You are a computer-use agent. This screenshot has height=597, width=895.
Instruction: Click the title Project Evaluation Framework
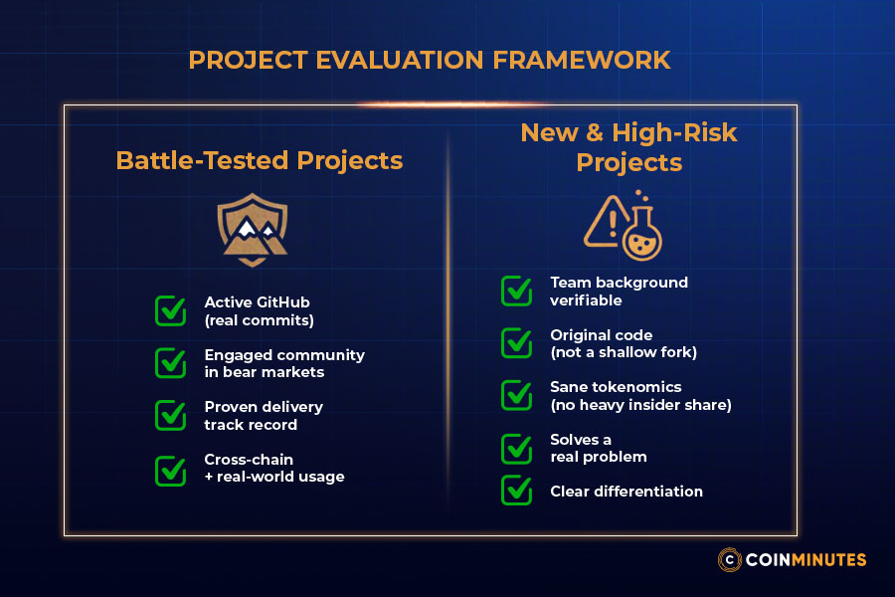coord(430,60)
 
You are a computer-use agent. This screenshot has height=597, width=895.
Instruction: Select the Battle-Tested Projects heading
coord(260,160)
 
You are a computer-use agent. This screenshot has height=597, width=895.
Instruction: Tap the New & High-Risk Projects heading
coord(628,146)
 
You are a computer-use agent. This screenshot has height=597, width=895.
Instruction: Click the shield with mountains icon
coord(254,229)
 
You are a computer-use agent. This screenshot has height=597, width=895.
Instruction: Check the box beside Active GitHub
coord(171,310)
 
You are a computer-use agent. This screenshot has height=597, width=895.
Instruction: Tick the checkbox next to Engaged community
coord(171,363)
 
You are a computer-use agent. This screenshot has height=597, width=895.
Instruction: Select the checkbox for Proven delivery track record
coord(171,415)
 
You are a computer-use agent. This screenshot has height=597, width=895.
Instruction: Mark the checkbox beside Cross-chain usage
coord(171,469)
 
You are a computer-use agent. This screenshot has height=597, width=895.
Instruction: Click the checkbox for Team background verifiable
coord(516,291)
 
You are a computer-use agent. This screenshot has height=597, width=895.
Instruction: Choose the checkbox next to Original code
coord(516,343)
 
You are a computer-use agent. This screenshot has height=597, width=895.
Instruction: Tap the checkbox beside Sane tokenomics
coord(516,395)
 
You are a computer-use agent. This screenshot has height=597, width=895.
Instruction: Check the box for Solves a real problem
coord(516,448)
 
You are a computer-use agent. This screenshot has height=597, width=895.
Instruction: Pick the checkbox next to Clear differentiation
coord(516,490)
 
